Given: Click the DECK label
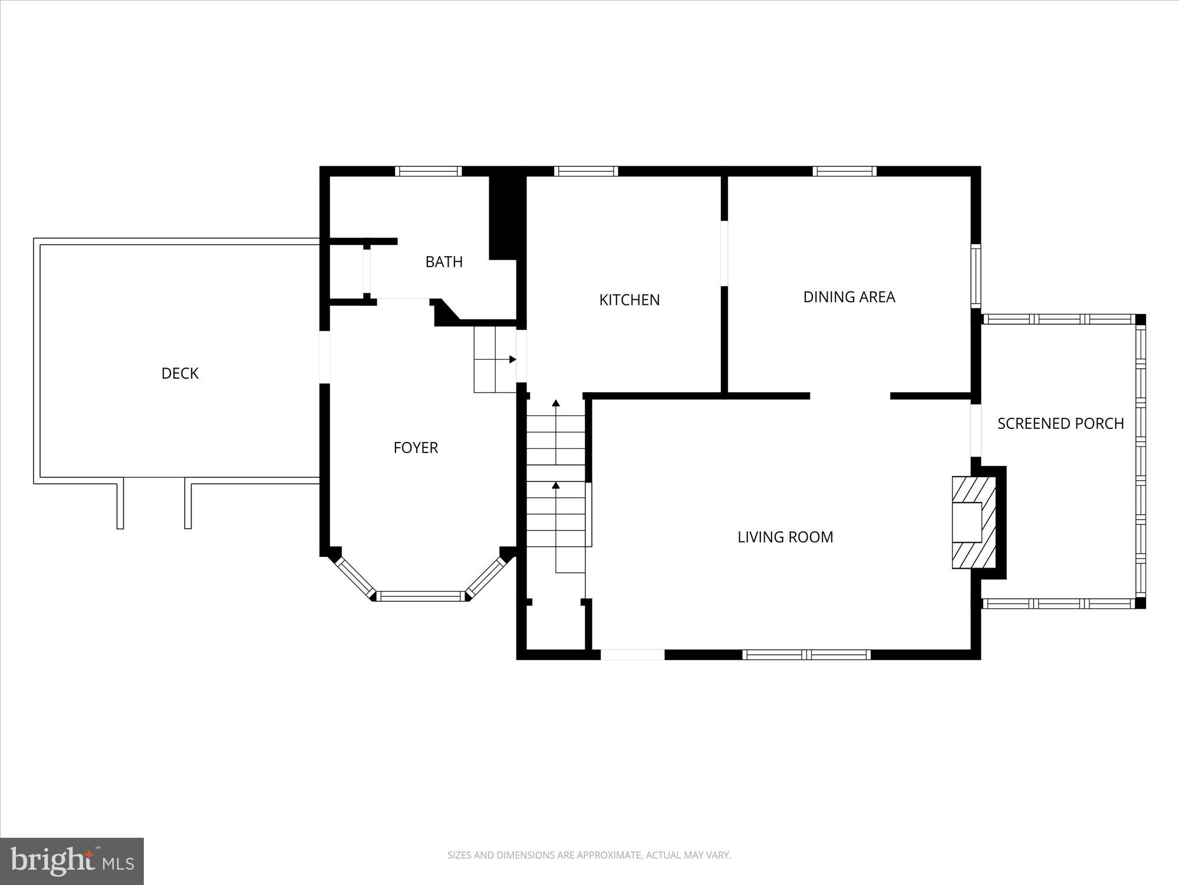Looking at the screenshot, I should click(x=180, y=373).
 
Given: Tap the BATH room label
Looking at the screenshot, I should click(x=444, y=262).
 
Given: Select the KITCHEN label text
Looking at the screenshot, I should click(x=629, y=300).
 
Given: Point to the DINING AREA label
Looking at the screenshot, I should click(x=849, y=297).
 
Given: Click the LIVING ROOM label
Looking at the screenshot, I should click(x=785, y=537).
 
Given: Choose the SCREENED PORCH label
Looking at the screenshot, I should click(x=1061, y=424).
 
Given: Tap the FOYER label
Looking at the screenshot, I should click(x=416, y=448).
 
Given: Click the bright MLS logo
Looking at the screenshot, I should click(x=72, y=862).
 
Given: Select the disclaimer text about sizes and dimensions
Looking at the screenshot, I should click(x=589, y=855).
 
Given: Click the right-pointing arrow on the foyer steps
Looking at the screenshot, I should click(x=512, y=359).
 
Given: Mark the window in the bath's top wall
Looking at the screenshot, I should click(x=428, y=171).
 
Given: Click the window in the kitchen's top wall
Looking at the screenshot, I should click(x=586, y=171).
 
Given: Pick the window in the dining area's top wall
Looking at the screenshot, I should click(x=844, y=171).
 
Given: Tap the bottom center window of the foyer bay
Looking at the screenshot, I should click(x=421, y=596).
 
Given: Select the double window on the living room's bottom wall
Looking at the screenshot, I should click(x=806, y=654).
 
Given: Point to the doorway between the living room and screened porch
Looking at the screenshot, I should click(x=976, y=431).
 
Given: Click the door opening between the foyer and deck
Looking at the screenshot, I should click(x=324, y=357).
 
